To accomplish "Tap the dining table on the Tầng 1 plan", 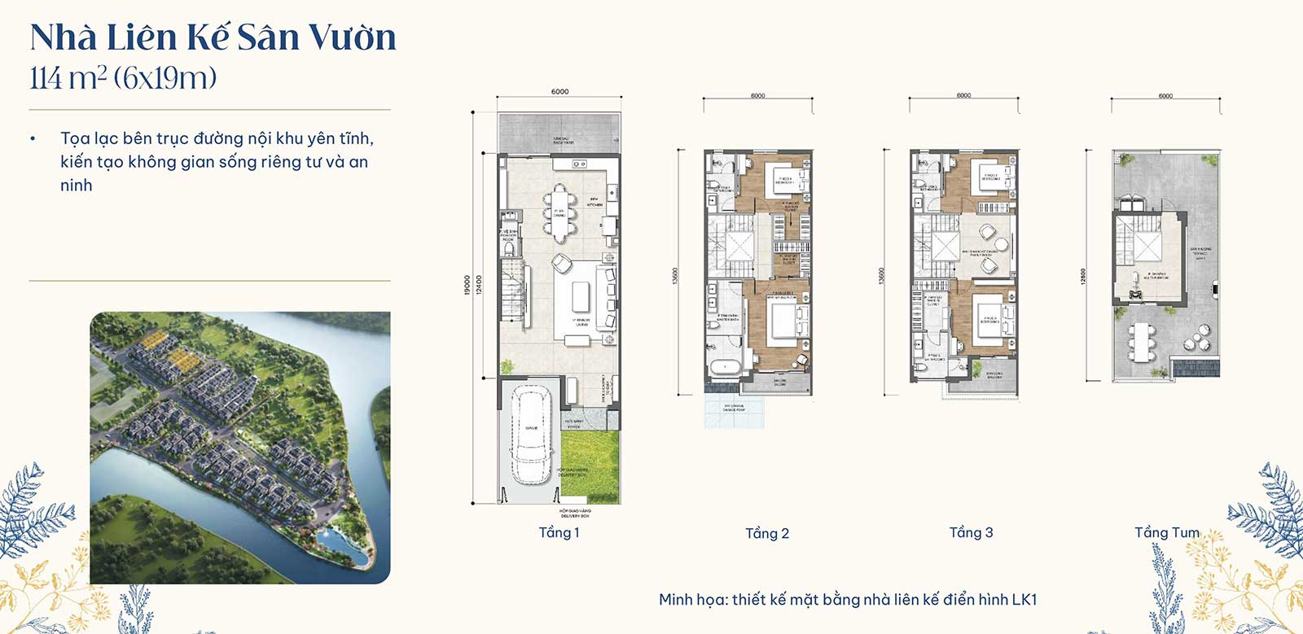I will coord(559,213).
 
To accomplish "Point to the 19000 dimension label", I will coord(467,285).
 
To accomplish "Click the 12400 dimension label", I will coord(479,285).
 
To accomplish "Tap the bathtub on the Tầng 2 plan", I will coord(724,367).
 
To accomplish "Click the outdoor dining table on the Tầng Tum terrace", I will coord(1143,343).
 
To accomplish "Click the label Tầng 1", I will coord(559,532).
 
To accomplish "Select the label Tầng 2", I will coord(766,533).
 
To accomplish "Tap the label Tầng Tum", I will coord(1166,532).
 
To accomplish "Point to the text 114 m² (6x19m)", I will coord(123,78).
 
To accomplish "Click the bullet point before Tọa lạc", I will coord(33,139).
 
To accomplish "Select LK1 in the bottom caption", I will coord(1024,600).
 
